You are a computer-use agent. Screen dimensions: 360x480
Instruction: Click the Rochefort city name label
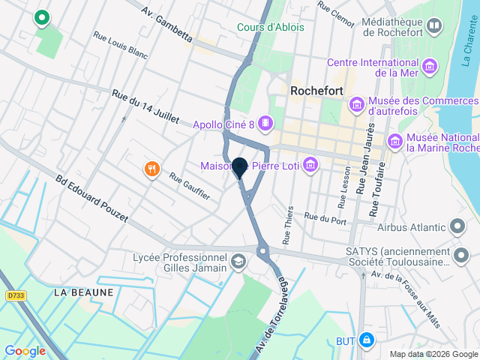coord(316,91)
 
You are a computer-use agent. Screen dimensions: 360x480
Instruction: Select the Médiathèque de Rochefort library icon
coord(433,28)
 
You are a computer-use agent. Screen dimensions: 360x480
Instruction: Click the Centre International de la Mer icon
coord(430,66)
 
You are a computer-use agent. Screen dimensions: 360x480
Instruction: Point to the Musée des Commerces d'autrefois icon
coord(356,103)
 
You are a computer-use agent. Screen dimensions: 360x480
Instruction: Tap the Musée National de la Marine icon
coord(394,140)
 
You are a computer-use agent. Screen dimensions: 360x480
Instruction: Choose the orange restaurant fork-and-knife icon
coord(152,169)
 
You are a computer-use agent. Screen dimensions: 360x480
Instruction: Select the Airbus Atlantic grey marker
coord(457,226)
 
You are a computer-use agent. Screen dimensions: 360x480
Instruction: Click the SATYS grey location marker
coord(460,257)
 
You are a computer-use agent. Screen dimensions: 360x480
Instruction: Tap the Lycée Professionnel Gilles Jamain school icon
coord(238,262)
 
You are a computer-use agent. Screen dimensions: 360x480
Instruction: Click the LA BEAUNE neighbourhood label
coord(83,292)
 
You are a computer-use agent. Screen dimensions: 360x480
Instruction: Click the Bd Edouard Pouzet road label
coord(94,201)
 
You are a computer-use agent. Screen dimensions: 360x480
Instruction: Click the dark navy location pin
coord(240,167)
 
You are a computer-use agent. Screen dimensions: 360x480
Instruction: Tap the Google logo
coord(25,351)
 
